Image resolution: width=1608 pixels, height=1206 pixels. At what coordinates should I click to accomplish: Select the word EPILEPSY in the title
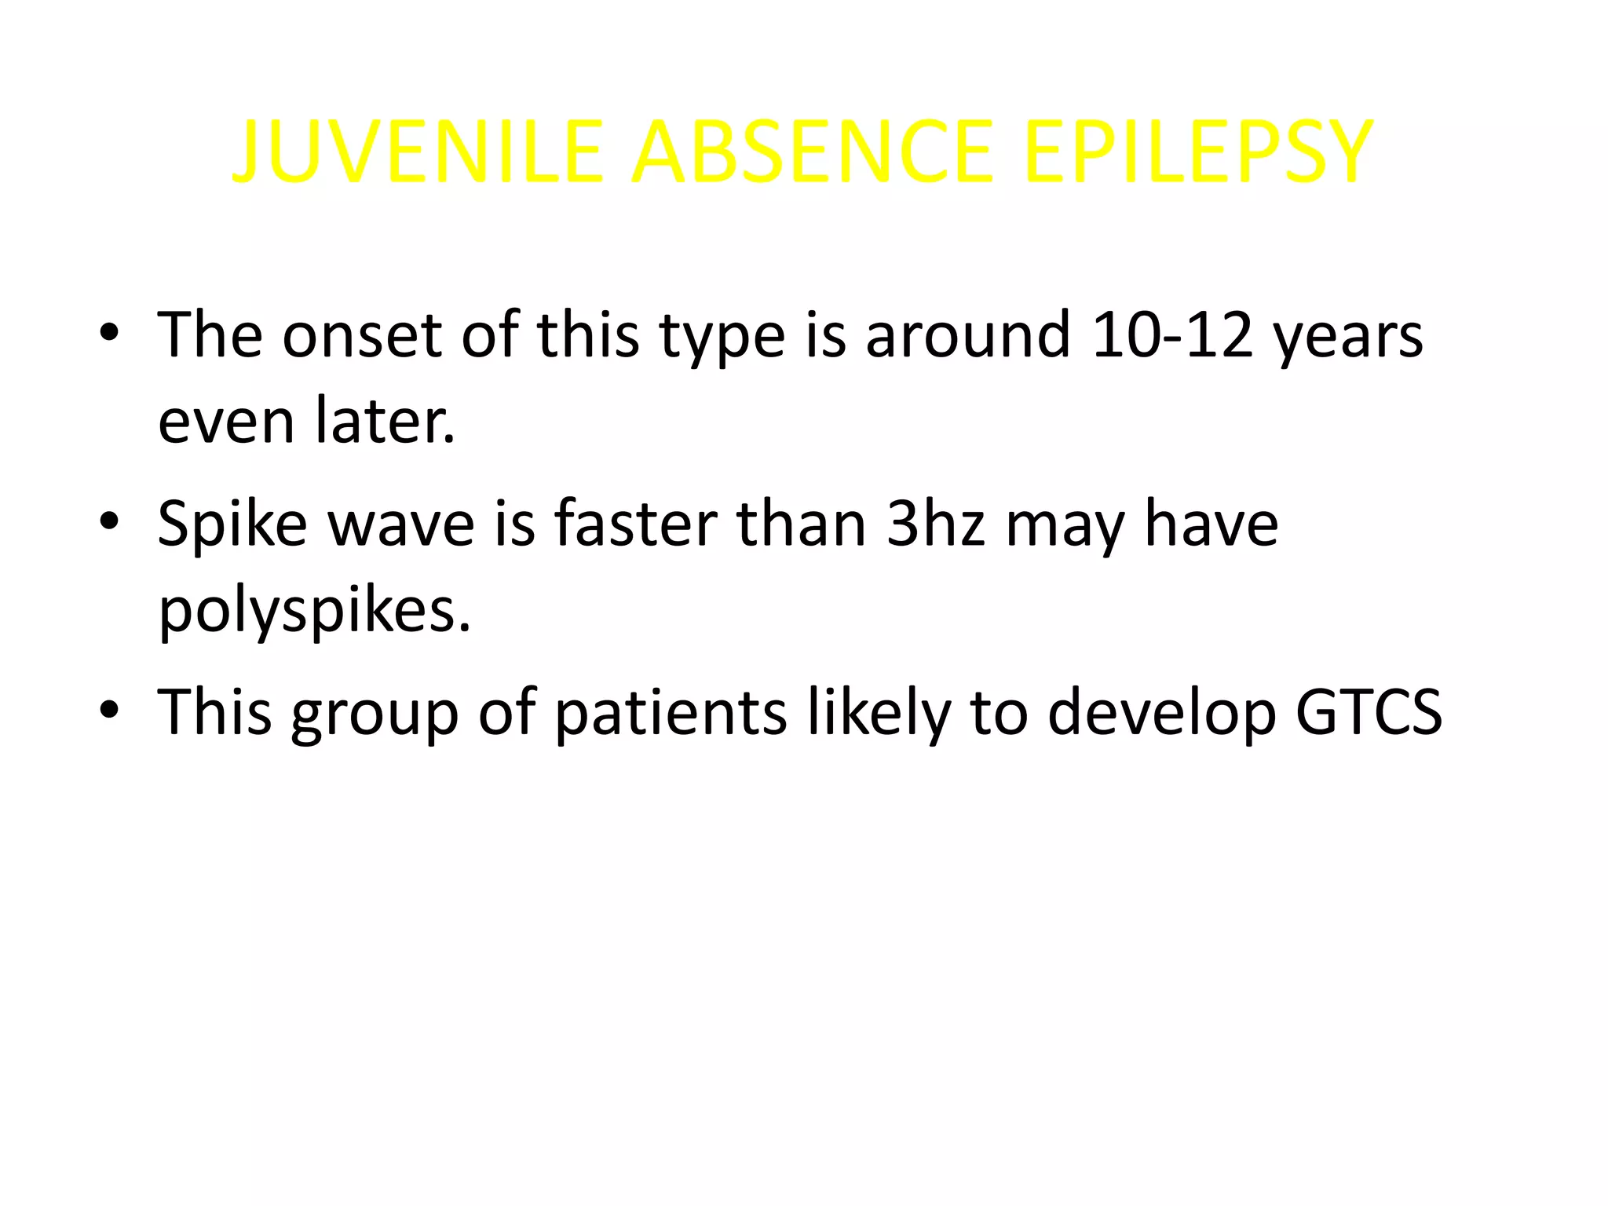click(1198, 152)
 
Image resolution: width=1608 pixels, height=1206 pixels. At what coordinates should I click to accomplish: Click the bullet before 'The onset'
click(110, 333)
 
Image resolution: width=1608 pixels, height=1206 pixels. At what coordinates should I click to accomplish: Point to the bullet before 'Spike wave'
click(110, 521)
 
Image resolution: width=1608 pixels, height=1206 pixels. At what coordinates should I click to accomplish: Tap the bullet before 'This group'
click(110, 710)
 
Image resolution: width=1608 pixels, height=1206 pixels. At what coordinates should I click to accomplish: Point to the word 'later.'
click(385, 421)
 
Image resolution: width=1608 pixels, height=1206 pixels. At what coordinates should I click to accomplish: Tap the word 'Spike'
click(232, 524)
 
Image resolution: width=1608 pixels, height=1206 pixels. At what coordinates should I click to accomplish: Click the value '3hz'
click(935, 523)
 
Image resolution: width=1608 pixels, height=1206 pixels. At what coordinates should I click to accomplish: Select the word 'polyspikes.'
click(314, 611)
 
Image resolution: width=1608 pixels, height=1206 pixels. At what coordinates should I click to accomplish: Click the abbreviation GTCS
click(1369, 711)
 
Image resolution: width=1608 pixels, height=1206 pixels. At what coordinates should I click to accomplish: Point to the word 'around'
click(967, 334)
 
